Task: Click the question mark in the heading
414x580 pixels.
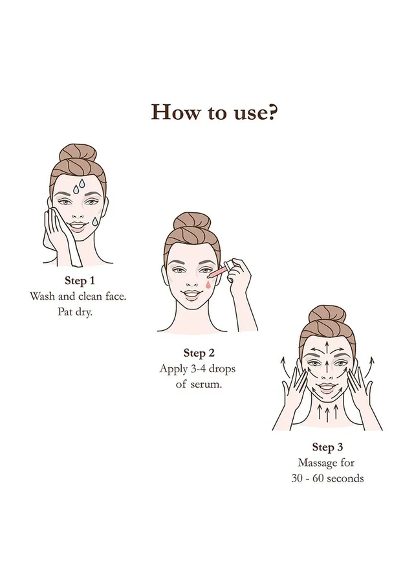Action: point(271,112)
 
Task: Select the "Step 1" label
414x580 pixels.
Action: point(80,281)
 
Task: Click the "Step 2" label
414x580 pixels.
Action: point(199,353)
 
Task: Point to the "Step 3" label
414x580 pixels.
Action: point(327,447)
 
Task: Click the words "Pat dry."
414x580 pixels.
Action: point(75,312)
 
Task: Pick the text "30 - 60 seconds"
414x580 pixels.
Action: point(327,478)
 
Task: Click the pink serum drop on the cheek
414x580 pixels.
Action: point(209,284)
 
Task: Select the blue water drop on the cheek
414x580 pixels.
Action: point(95,221)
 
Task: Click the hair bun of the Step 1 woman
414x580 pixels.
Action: point(78,153)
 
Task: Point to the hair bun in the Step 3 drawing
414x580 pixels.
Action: point(327,315)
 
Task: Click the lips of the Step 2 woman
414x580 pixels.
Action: point(191,295)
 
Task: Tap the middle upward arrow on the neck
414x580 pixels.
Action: point(327,412)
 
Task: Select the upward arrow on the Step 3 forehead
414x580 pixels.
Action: point(327,347)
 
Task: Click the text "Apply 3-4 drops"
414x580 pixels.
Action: point(197,369)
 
